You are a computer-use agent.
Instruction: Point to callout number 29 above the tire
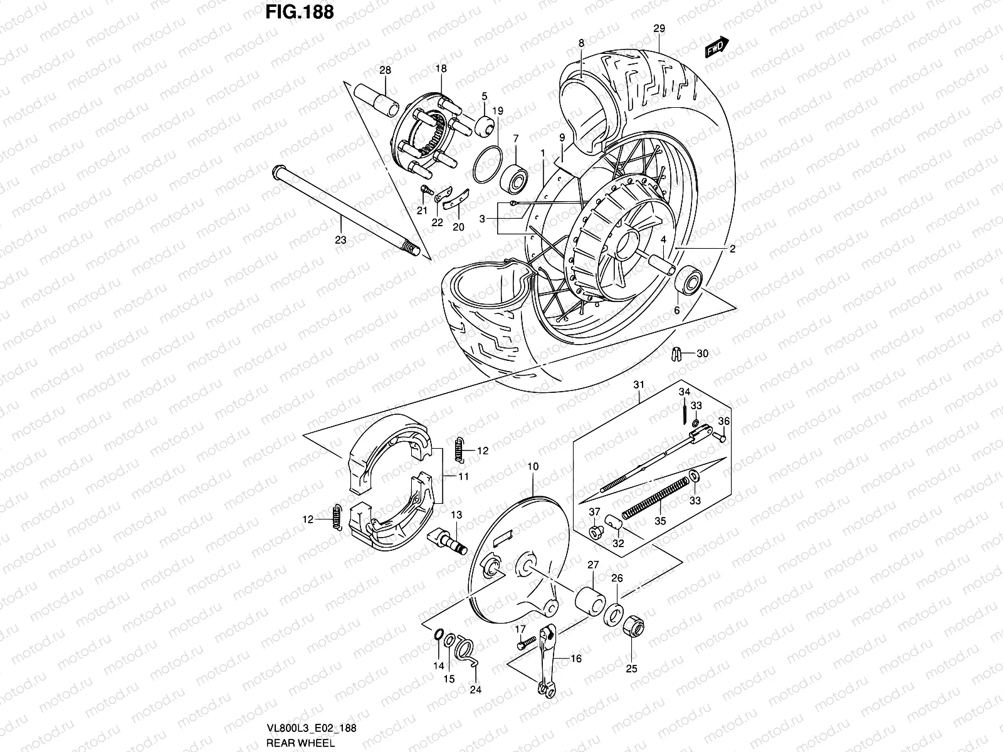658,28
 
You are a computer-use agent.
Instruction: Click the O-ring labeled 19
487,165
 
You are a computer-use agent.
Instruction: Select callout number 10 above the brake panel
533,466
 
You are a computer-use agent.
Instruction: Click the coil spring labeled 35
655,497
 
